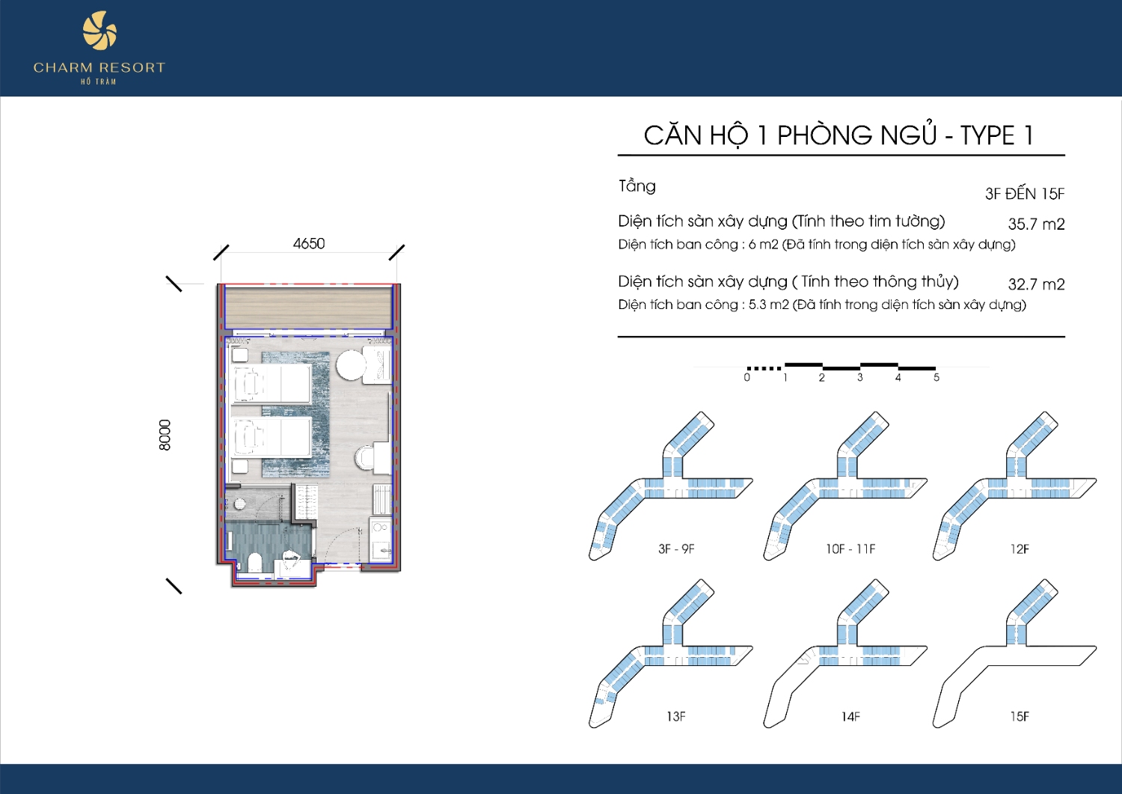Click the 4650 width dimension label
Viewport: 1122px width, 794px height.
[x=309, y=244]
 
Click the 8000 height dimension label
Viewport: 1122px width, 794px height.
[x=165, y=435]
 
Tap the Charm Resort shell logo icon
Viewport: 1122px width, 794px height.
[x=99, y=31]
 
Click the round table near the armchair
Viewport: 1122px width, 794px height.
[x=351, y=365]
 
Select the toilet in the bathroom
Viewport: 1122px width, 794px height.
[x=254, y=562]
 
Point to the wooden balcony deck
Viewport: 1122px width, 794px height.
[x=308, y=307]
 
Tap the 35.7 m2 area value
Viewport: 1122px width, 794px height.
[x=1036, y=224]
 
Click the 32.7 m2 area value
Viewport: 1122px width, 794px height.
[x=1036, y=284]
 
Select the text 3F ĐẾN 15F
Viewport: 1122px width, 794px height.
[x=1025, y=193]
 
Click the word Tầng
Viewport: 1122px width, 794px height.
[x=637, y=186]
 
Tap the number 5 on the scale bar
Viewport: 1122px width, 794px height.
[x=936, y=377]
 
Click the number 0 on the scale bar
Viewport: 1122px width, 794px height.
[x=747, y=377]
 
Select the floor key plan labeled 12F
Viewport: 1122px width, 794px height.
[x=1015, y=485]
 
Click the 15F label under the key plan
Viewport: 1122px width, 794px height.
[x=1020, y=716]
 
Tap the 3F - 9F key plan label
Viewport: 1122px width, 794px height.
[x=676, y=549]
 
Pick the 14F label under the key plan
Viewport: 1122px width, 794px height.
[x=850, y=717]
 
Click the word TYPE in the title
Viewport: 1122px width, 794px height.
[x=987, y=135]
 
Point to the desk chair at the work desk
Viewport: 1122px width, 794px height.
[x=364, y=458]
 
